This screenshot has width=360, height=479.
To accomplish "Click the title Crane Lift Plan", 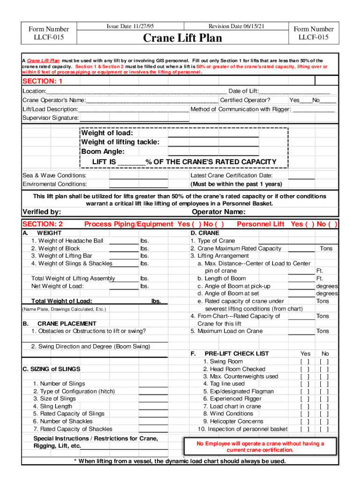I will tap(182, 38).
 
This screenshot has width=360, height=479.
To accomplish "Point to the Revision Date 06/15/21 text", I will tap(236, 27).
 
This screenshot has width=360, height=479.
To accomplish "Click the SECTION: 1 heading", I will tap(43, 81).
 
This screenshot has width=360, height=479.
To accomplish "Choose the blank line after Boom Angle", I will tap(213, 153).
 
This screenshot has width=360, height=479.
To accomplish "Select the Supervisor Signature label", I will tap(50, 118).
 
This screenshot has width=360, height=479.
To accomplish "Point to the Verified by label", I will tap(42, 212).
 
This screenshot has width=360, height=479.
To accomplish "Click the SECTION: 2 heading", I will tap(43, 225).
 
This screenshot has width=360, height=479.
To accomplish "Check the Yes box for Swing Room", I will tap(305, 362).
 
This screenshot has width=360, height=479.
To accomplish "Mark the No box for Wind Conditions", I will tap(324, 414).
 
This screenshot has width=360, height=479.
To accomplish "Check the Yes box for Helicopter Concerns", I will tap(305, 421).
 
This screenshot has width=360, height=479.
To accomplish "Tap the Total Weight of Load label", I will tap(62, 301).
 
